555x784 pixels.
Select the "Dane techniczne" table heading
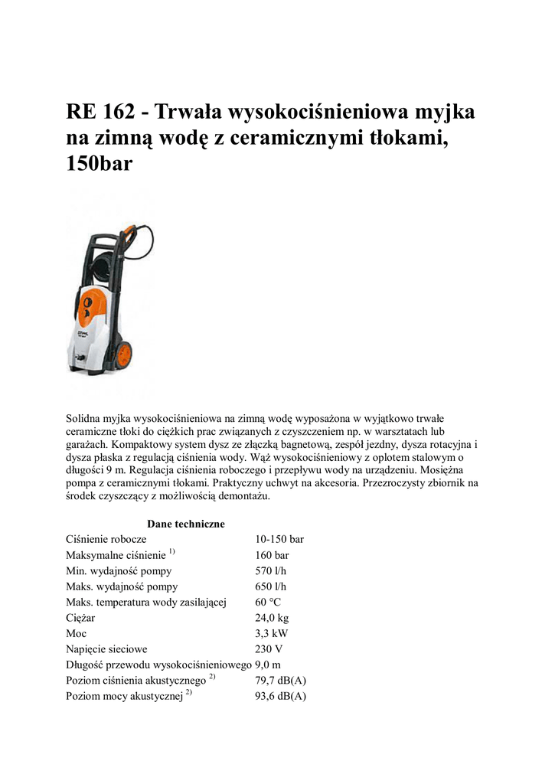[186, 524]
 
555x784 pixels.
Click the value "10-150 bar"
[279, 539]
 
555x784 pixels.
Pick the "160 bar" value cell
[272, 555]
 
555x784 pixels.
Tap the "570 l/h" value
[271, 570]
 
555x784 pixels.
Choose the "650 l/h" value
[271, 586]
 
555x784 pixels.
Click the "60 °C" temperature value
[270, 602]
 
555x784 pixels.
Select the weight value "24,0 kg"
[272, 618]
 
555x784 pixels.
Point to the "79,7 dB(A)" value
[280, 681]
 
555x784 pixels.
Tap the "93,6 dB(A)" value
[280, 696]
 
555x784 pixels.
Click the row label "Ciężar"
[81, 618]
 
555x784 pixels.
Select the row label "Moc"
[77, 633]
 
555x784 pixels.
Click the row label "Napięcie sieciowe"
[106, 649]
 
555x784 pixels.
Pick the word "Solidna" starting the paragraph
[83, 419]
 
